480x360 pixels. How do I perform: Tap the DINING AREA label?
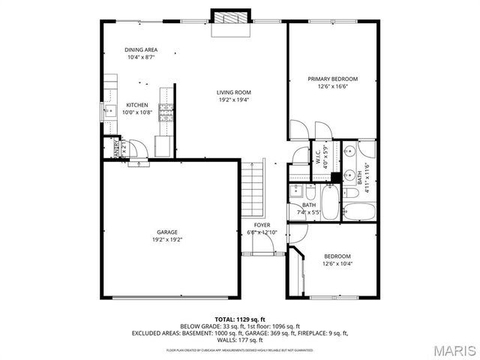pyautogui.click(x=141, y=50)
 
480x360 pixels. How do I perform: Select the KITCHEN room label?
pyautogui.click(x=136, y=105)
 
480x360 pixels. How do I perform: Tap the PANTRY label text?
pyautogui.click(x=116, y=149)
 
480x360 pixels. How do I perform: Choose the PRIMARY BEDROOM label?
pyautogui.click(x=332, y=79)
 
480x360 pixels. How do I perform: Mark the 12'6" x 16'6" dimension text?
pyautogui.click(x=332, y=86)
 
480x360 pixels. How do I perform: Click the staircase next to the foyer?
pyautogui.click(x=253, y=191)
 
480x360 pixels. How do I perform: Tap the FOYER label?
pyautogui.click(x=262, y=225)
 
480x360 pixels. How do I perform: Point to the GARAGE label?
pyautogui.click(x=167, y=232)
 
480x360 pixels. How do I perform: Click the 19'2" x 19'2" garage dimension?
pyautogui.click(x=167, y=239)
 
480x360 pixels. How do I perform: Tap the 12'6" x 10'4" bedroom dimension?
pyautogui.click(x=337, y=263)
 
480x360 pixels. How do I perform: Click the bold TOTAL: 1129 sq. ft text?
pyautogui.click(x=239, y=319)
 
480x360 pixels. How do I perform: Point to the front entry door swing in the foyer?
pyautogui.click(x=262, y=243)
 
